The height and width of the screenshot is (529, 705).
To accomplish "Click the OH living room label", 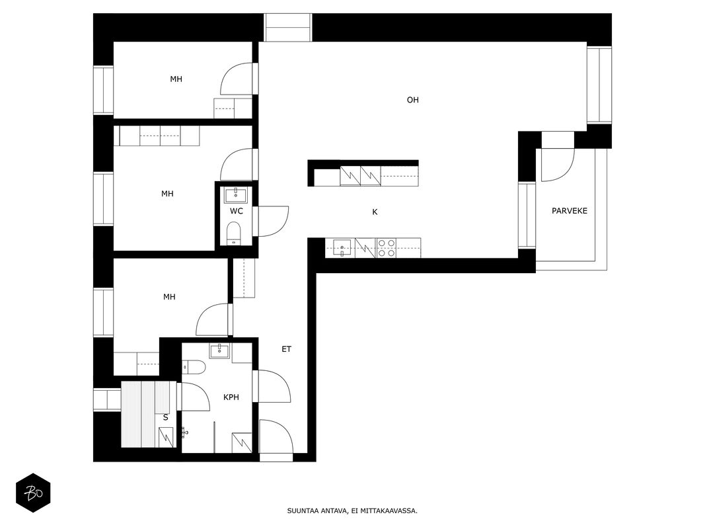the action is pos(412,100).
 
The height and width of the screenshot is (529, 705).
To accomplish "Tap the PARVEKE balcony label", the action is pos(569,210).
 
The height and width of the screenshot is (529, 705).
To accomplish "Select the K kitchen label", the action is pos(375,212).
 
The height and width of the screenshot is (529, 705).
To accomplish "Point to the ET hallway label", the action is pos(286,348).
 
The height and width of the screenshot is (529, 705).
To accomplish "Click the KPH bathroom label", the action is pos(231,397).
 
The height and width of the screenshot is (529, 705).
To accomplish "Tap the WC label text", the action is pos(237,211).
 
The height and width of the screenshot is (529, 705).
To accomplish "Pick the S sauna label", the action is pos(165,417).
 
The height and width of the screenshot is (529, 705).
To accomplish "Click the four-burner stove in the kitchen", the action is pos(387,248).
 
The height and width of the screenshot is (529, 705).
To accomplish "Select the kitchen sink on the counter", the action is pos(342,248).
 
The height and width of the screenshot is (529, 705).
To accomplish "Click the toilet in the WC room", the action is pos(234,233).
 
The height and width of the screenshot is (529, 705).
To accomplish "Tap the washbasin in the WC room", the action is pos(235,195).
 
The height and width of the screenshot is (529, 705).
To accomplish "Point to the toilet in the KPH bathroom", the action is pos(194,367).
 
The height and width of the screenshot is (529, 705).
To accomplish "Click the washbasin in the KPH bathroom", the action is pos(219,351).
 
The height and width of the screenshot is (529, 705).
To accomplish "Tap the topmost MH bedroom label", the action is pos(176,79).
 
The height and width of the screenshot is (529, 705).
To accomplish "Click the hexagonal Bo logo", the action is pos(33,493).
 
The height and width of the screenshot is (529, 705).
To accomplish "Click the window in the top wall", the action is pos(288,27).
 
